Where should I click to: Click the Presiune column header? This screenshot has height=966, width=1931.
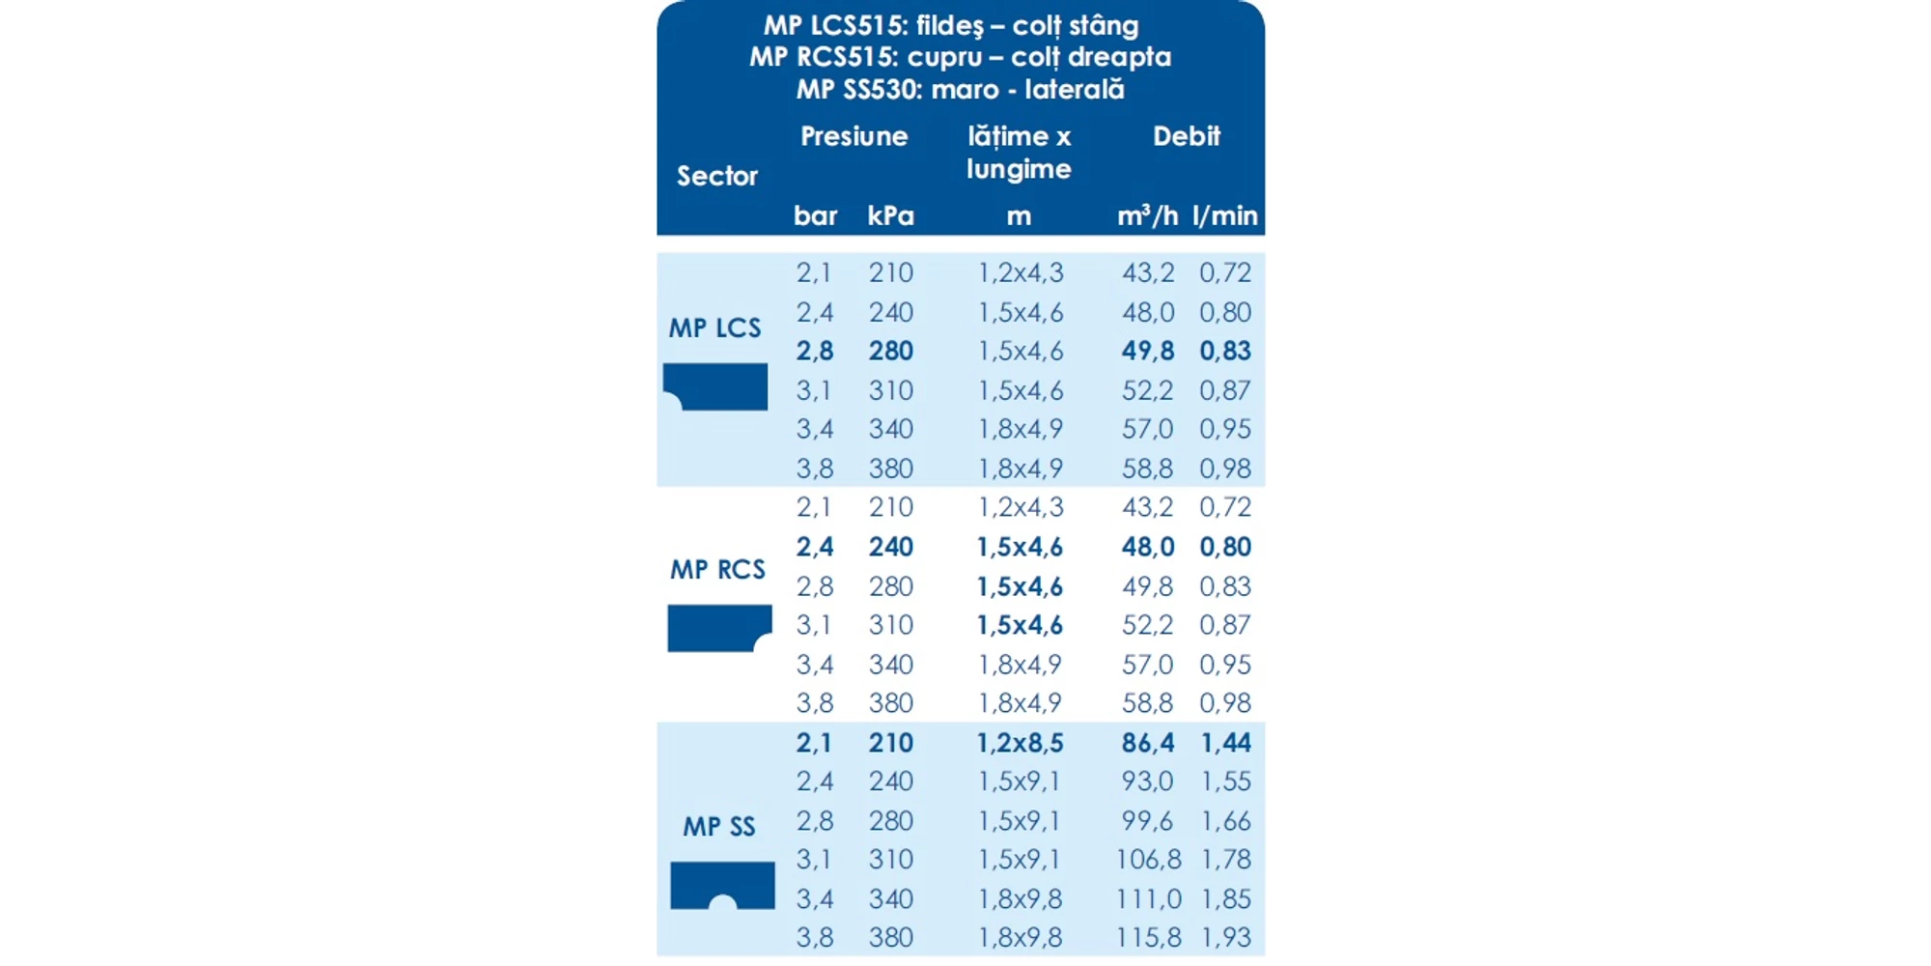pyautogui.click(x=854, y=136)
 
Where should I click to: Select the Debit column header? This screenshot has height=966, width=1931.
pyautogui.click(x=1187, y=136)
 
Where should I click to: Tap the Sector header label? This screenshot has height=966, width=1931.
pyautogui.click(x=717, y=176)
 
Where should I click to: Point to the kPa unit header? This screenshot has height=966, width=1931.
pyautogui.click(x=890, y=215)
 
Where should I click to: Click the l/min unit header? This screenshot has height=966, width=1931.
pyautogui.click(x=1224, y=215)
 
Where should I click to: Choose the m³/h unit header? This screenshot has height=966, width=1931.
pyautogui.click(x=1147, y=215)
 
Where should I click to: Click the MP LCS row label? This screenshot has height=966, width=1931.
pyautogui.click(x=714, y=328)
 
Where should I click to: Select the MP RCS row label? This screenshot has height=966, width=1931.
pyautogui.click(x=717, y=570)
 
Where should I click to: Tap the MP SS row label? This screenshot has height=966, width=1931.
pyautogui.click(x=719, y=827)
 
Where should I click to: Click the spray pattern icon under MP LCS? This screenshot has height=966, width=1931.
pyautogui.click(x=715, y=386)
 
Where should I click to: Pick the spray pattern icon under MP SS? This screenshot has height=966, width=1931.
pyautogui.click(x=722, y=885)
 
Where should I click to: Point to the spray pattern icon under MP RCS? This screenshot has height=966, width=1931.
pyautogui.click(x=719, y=628)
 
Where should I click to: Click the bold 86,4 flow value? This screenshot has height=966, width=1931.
pyautogui.click(x=1147, y=743)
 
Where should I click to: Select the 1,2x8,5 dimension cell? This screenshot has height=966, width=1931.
pyautogui.click(x=1020, y=743)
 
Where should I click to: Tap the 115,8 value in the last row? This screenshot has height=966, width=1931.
pyautogui.click(x=1147, y=937)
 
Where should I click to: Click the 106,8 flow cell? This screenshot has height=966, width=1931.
pyautogui.click(x=1147, y=859)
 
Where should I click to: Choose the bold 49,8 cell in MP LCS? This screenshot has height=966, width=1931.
pyautogui.click(x=1147, y=351)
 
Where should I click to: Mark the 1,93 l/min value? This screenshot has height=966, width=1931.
pyautogui.click(x=1225, y=937)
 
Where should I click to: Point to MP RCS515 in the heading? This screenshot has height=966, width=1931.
pyautogui.click(x=823, y=57)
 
